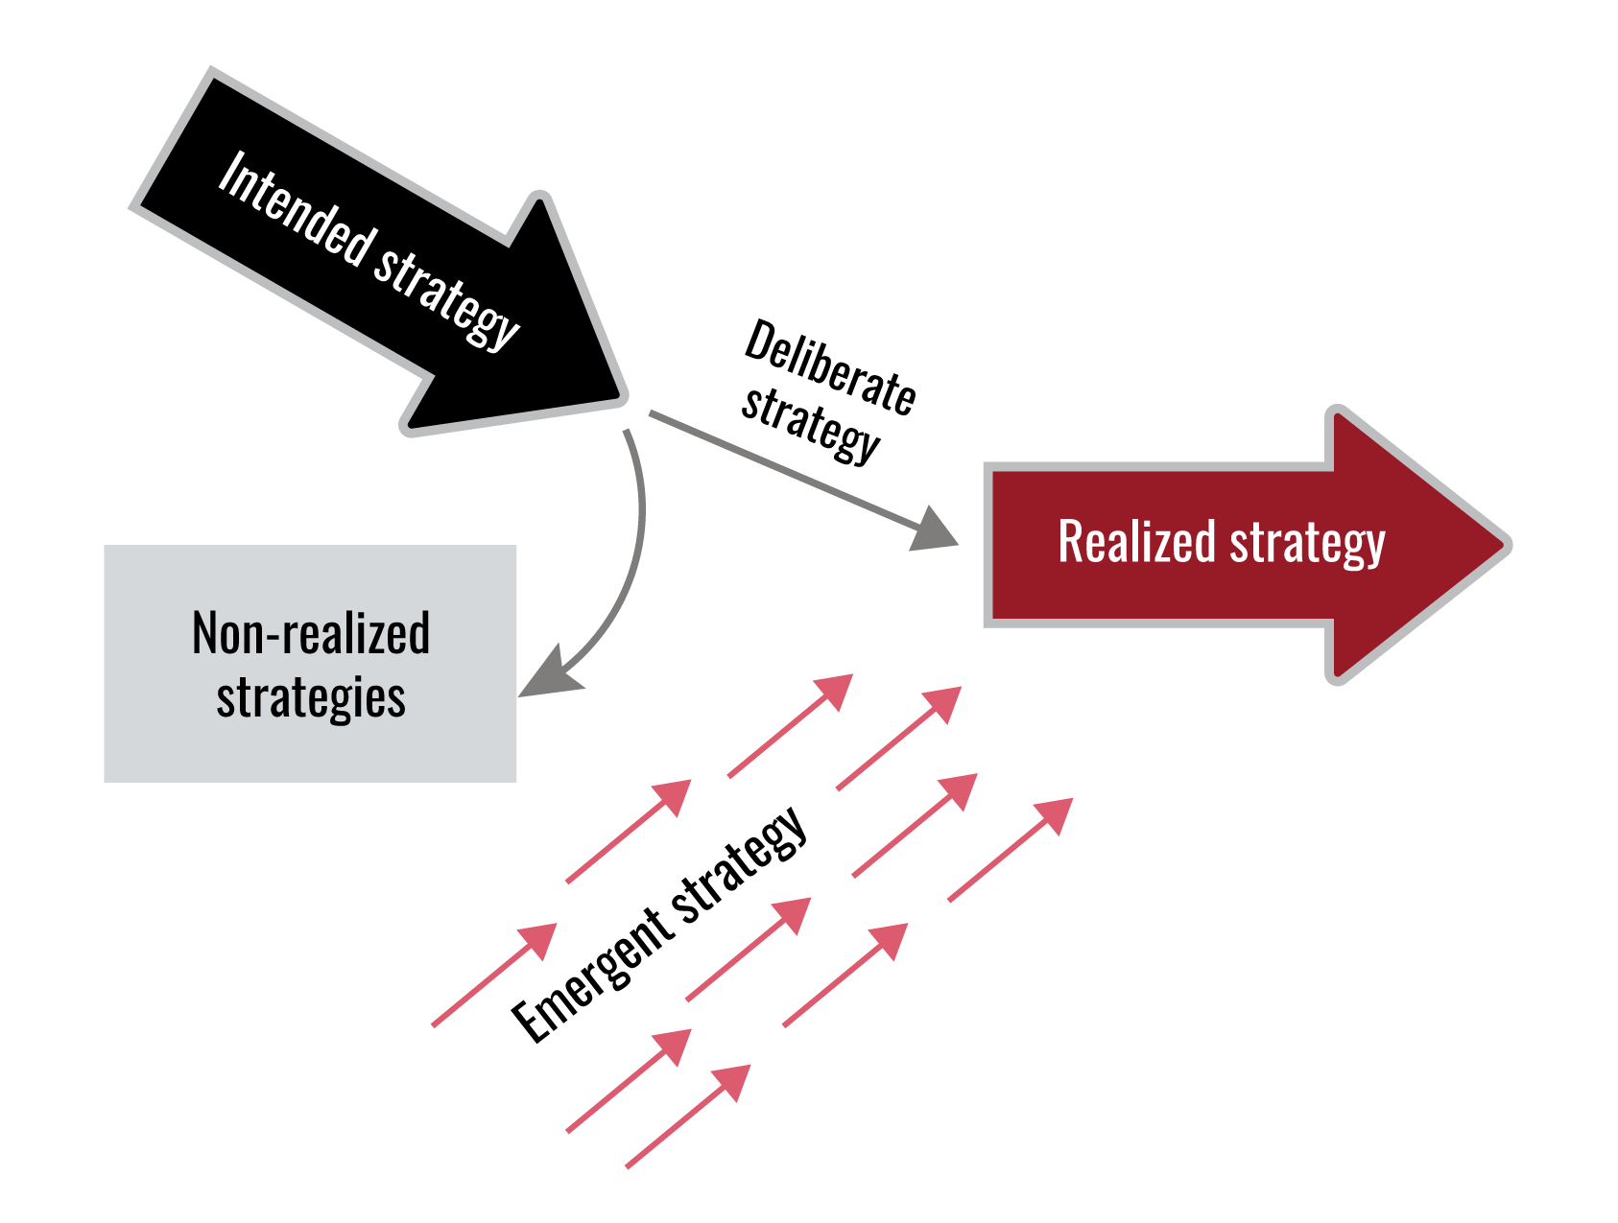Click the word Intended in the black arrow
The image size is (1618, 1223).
pyautogui.click(x=295, y=208)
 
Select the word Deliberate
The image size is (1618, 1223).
pyautogui.click(x=830, y=368)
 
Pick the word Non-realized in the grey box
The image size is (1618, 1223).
pyautogui.click(x=311, y=634)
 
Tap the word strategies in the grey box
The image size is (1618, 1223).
pyautogui.click(x=311, y=697)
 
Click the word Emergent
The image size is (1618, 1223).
pyautogui.click(x=588, y=977)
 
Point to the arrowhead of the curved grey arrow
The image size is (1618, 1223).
pyautogui.click(x=548, y=674)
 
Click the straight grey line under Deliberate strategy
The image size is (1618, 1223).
pyautogui.click(x=777, y=468)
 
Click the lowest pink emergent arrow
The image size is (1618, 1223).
pyautogui.click(x=686, y=1117)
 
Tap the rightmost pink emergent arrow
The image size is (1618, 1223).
pyautogui.click(x=1008, y=851)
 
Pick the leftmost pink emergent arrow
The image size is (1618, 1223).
pyautogui.click(x=493, y=976)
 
